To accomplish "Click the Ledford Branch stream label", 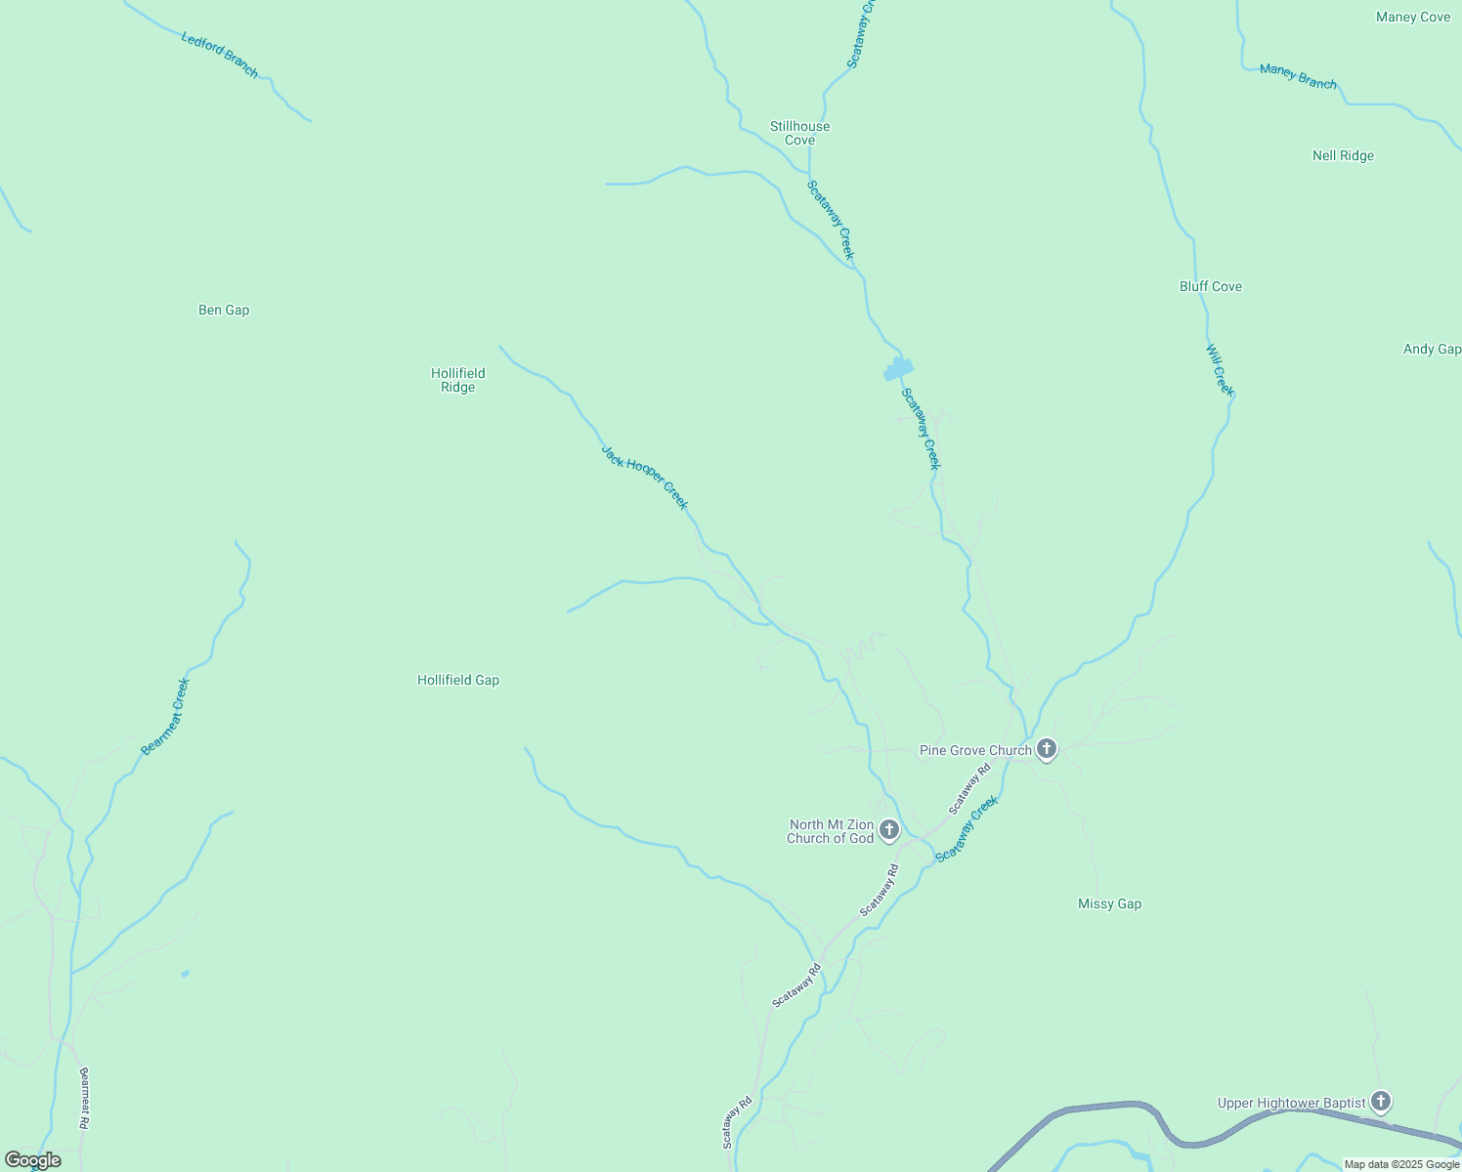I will (x=220, y=55).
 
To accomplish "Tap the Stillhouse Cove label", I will (x=799, y=133).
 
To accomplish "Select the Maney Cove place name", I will (x=1412, y=17).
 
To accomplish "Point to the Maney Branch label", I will (x=1298, y=76).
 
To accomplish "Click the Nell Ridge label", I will (x=1343, y=155).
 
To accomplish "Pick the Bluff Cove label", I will (x=1210, y=286).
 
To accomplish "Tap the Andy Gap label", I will (x=1432, y=349).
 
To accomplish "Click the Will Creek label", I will (x=1220, y=370).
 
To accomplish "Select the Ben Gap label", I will (x=224, y=310).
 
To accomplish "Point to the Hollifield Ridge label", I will (x=457, y=380).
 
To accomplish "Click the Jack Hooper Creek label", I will (x=645, y=478).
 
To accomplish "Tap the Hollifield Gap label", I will (x=457, y=680).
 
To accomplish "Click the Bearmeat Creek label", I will (x=165, y=717).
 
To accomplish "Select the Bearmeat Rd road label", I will (x=84, y=1098).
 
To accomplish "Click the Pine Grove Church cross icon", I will (x=1046, y=749).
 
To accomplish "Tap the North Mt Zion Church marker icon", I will (x=888, y=830).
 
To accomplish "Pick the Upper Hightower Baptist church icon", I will (x=1380, y=1102).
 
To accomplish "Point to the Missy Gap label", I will (x=1109, y=903).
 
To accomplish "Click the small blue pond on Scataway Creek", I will (x=897, y=368).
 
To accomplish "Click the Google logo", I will (x=32, y=1160).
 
